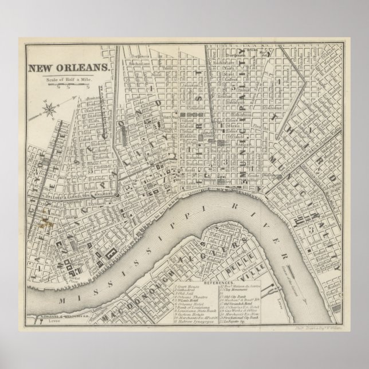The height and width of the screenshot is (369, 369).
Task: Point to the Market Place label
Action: [71, 280]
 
